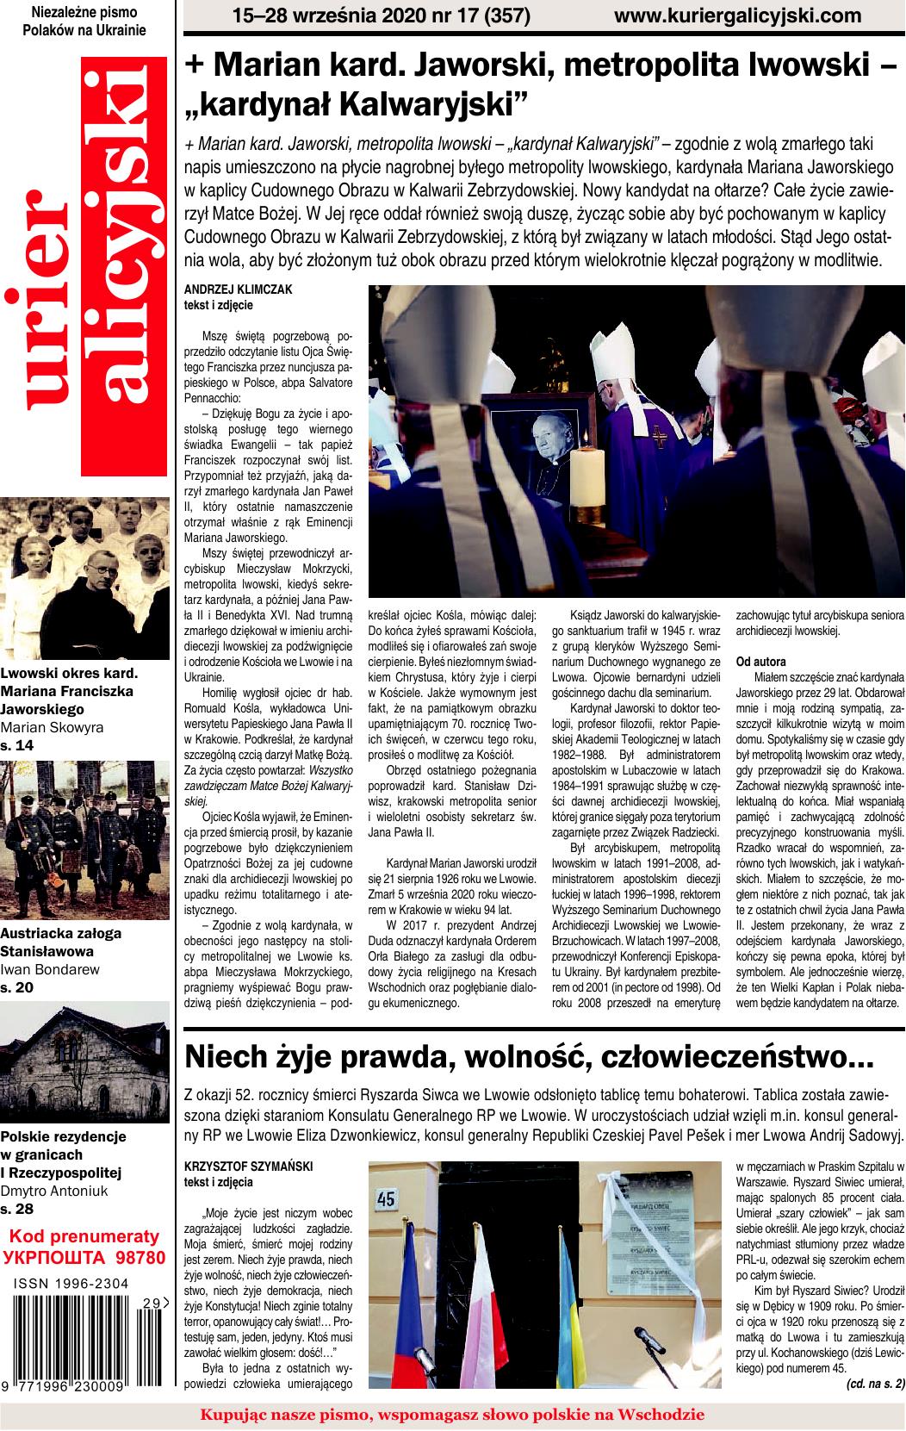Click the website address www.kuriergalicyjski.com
[x=738, y=16]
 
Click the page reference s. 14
[x=17, y=745]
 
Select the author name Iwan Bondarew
[x=50, y=969]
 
